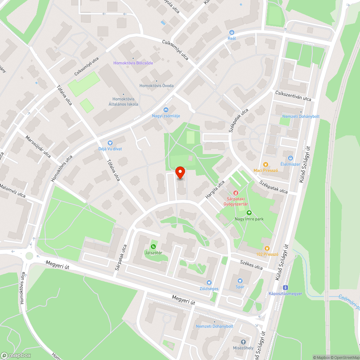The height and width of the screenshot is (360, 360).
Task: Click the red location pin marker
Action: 180,173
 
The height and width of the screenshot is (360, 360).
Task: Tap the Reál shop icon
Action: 231,32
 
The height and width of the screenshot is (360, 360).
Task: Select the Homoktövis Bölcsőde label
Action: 133,63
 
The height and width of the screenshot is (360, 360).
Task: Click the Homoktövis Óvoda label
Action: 157,86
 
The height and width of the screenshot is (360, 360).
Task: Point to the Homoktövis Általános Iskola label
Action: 123,102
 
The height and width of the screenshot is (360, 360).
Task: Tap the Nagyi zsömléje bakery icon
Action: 166,110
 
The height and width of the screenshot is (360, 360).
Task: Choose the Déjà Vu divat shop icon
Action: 110,143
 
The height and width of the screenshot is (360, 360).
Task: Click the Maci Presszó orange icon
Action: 266,164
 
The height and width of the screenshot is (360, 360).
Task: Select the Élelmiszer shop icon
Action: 290,158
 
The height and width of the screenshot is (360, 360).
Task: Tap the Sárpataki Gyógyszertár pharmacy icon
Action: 236,193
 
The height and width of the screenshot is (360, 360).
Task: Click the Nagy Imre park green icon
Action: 249,213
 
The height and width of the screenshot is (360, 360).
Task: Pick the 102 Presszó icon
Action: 267,248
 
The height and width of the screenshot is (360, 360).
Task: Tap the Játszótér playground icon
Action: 153,246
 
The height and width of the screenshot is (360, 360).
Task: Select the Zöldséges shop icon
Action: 209,283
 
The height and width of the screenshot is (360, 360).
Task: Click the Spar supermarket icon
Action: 240,281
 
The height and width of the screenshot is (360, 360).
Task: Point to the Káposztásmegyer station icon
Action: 285,287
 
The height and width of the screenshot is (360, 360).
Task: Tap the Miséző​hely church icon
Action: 243,342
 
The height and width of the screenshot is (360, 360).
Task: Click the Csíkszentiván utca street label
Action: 293,96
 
